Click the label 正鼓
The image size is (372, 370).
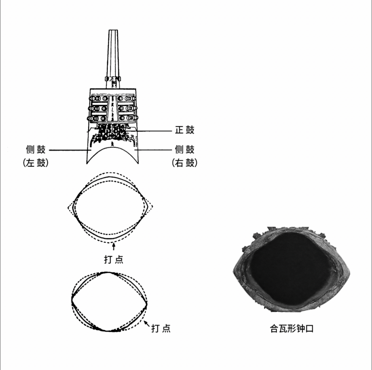click(185, 130)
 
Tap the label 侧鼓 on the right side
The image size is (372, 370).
click(185, 150)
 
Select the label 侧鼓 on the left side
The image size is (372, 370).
click(36, 150)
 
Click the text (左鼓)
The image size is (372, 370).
click(36, 163)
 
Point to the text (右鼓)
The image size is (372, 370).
click(185, 163)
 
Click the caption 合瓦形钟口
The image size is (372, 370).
click(292, 329)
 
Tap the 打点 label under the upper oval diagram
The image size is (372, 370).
click(114, 259)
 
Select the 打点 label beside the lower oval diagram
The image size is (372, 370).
click(161, 328)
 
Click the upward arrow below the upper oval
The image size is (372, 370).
click(114, 246)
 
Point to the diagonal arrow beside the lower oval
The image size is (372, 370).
click(147, 324)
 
